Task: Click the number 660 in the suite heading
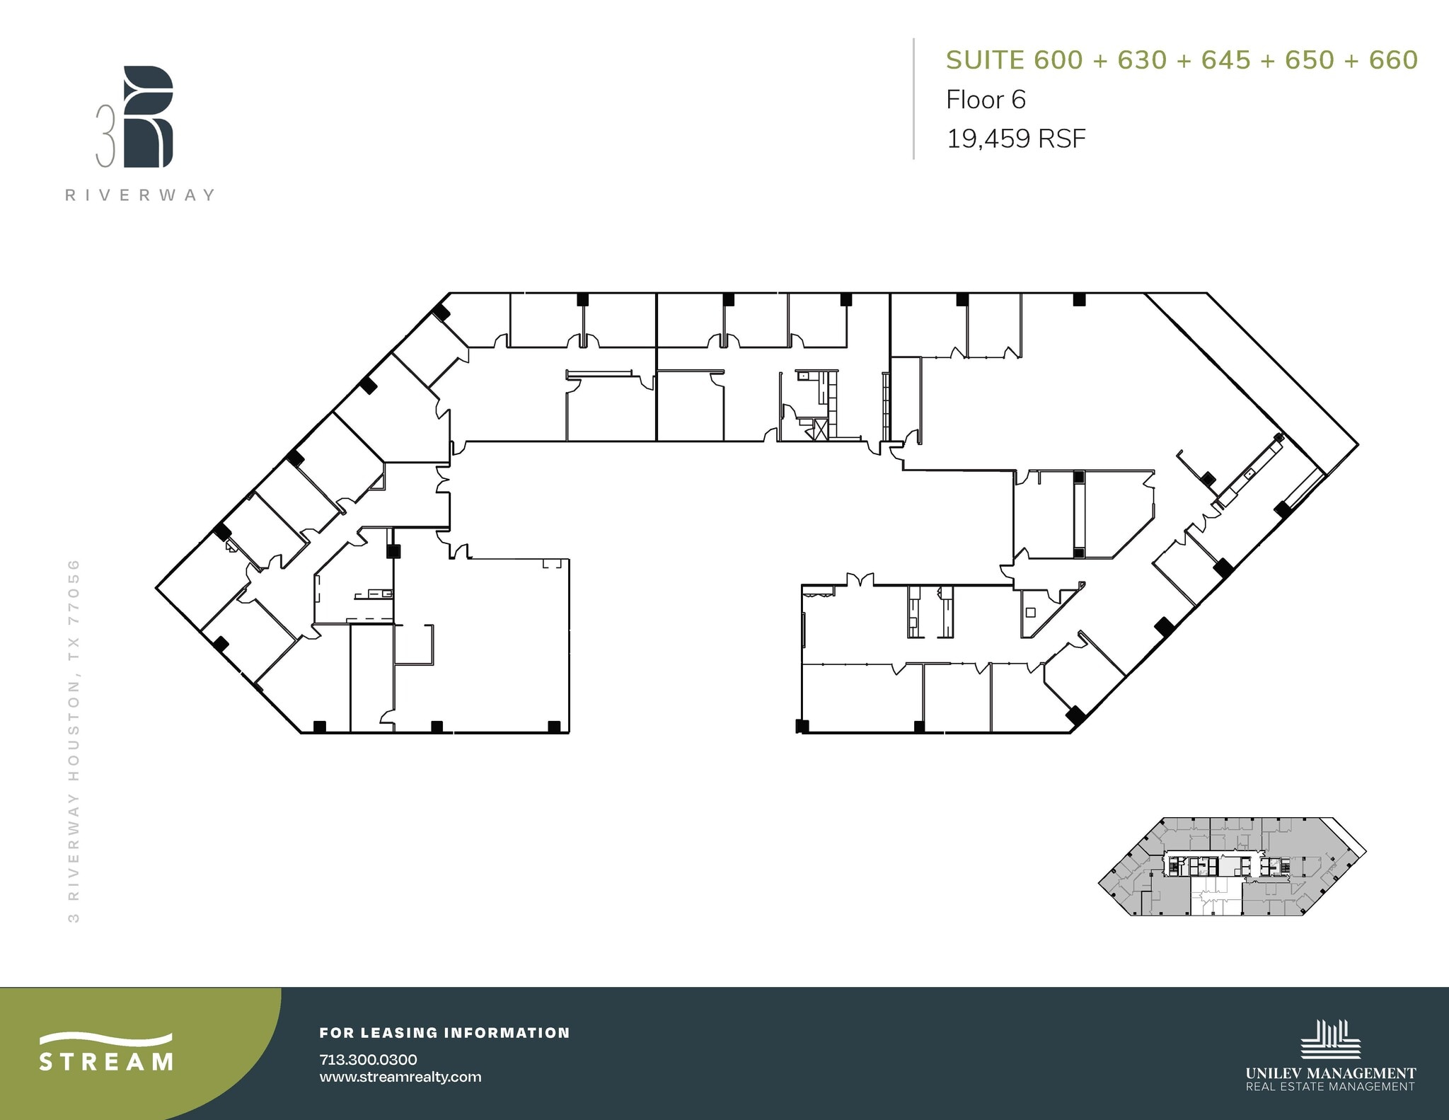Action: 1393,60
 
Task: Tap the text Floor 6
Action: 986,100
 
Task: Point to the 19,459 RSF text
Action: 1016,139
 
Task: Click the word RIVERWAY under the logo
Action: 140,195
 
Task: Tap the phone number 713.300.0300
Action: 368,1059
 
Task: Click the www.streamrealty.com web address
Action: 400,1077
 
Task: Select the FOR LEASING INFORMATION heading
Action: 444,1033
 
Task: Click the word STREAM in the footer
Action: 106,1062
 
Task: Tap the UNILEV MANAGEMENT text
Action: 1330,1073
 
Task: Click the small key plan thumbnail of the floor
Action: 1231,867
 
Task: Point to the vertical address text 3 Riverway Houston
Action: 74,740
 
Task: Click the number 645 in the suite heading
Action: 1225,60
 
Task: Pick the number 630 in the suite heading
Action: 1141,60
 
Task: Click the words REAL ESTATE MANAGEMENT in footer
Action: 1330,1087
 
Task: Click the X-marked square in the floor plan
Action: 821,429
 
